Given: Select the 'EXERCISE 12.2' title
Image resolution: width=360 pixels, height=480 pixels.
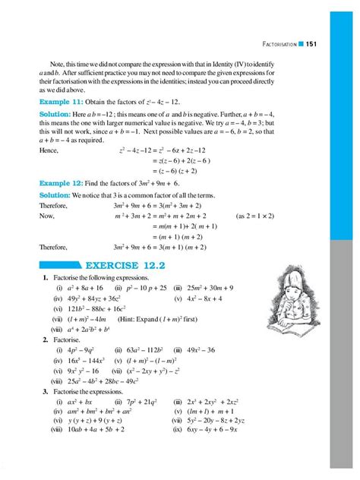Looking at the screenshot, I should (x=99, y=267).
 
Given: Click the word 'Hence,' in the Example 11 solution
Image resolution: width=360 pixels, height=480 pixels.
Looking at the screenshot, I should (x=49, y=150).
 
